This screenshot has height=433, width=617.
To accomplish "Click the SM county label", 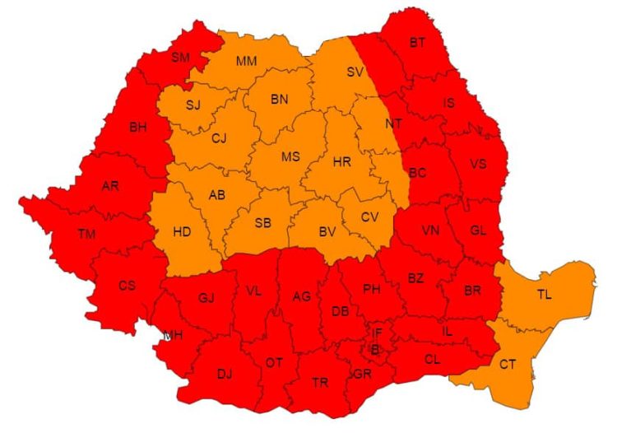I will tap(179, 58).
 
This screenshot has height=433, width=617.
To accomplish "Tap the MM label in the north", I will tap(246, 62).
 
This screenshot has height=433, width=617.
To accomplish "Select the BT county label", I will tap(418, 42).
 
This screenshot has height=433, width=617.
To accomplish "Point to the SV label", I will tap(355, 72).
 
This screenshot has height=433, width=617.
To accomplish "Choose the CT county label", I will tap(508, 363).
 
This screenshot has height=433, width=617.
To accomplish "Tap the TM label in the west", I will tap(87, 235).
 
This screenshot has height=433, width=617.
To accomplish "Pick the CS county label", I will tap(127, 286).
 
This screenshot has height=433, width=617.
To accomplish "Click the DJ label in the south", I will tap(224, 375).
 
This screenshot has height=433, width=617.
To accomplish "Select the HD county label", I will tap(182, 232).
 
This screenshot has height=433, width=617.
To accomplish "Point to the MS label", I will tap(291, 156).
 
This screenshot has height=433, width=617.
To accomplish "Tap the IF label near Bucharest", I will tap(378, 333).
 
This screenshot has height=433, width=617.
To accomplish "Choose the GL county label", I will tap(478, 230).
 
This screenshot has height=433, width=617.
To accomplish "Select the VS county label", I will tap(478, 164).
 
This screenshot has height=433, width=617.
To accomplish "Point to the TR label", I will tap(320, 383).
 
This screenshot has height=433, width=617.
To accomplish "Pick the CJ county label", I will tap(218, 138).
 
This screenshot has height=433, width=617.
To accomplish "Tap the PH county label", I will tap(372, 289).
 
